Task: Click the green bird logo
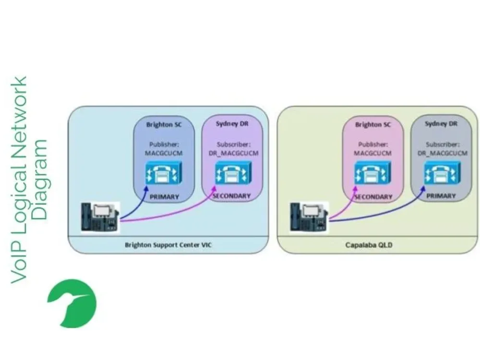(72, 303)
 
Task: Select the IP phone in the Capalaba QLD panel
(309, 218)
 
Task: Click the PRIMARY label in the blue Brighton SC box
(164, 197)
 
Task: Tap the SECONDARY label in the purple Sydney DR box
(232, 196)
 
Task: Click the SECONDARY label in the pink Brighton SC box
(373, 197)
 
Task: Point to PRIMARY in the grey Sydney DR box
(441, 196)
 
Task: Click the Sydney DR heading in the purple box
(232, 123)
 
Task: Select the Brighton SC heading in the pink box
(373, 125)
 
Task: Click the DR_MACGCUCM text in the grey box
(442, 153)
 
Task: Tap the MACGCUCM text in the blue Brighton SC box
(164, 153)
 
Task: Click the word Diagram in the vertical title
(41, 180)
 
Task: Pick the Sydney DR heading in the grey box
(441, 124)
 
